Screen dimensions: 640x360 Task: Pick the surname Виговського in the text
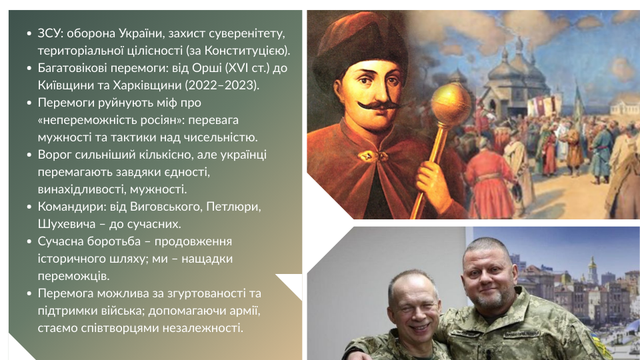pos(165,207)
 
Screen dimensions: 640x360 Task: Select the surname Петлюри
pos(233,207)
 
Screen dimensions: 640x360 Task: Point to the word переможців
pos(73,276)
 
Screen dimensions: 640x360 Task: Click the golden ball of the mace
pos(451,105)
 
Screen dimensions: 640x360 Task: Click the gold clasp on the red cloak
pos(371,155)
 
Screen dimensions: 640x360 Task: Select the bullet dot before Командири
pos(29,207)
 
